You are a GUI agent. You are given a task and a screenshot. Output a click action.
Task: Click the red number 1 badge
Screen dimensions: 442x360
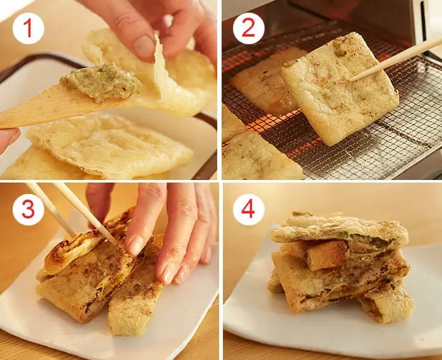[28, 28]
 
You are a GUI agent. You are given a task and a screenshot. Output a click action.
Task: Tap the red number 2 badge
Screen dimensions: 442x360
[248, 28]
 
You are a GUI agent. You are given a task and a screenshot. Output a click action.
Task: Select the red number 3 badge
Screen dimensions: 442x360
[28, 210]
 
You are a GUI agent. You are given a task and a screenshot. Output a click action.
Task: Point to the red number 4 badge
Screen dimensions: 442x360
[248, 210]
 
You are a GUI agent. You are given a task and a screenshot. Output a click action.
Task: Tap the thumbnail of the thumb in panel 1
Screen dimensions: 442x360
[144, 46]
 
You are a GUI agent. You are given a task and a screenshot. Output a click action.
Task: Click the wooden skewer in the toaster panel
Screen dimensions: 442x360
[395, 59]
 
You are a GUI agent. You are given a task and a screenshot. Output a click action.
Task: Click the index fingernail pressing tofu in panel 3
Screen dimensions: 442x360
[136, 244]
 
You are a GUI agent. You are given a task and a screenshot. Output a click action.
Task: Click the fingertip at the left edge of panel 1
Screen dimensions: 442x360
[9, 139]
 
